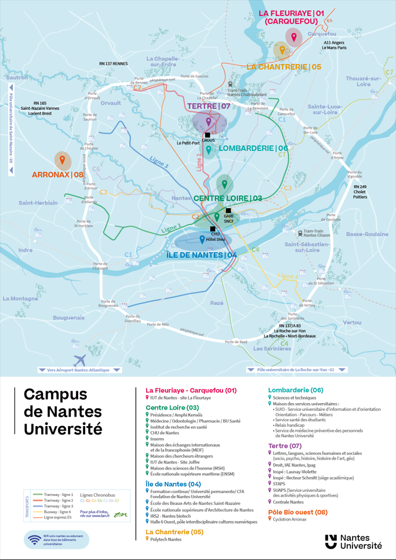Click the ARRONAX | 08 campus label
[x=58, y=175]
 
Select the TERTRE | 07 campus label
[x=209, y=106]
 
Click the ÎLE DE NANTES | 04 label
[x=202, y=255]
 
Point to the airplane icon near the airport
[x=80, y=360]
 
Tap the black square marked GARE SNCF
[x=229, y=211]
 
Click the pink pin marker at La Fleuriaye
[x=294, y=37]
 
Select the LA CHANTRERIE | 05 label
[x=283, y=67]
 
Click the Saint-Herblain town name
[x=38, y=203]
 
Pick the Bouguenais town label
[x=69, y=318]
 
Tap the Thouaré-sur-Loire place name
[x=364, y=81]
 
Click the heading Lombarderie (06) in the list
[x=296, y=390]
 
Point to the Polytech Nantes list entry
[x=166, y=539]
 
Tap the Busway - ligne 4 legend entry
[x=58, y=512]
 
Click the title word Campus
[x=55, y=394]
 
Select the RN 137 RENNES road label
[x=113, y=63]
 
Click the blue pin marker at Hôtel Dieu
[x=202, y=239]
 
